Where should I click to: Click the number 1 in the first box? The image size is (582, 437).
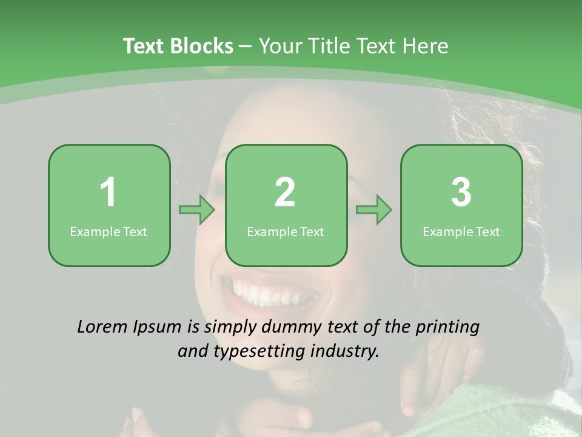[109, 192]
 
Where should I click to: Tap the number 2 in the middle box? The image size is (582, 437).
[285, 192]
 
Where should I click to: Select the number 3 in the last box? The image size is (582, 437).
[461, 192]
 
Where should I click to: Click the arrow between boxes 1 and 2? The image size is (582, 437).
[197, 210]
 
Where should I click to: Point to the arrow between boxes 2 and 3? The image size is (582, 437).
[374, 210]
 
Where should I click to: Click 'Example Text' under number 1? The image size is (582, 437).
[109, 232]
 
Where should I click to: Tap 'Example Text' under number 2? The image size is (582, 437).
[286, 232]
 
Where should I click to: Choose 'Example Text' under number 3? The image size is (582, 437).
[461, 232]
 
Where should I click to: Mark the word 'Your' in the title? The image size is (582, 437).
[279, 46]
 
